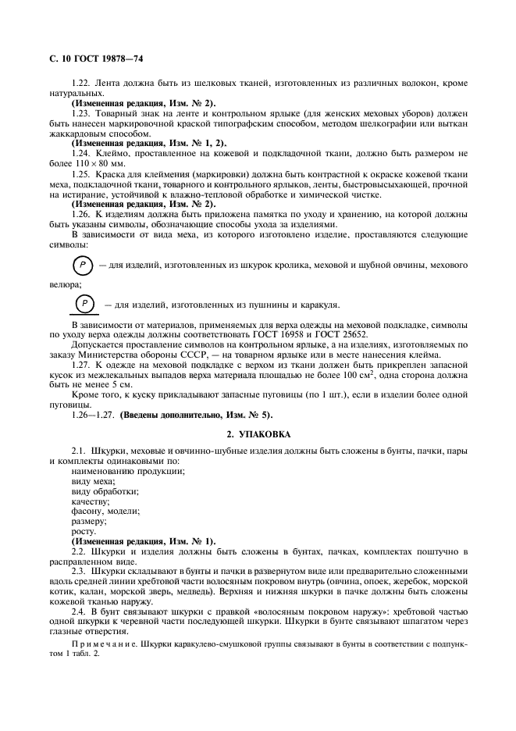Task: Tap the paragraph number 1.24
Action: (82, 154)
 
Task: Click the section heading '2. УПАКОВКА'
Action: (258, 432)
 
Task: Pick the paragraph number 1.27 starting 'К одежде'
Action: (82, 365)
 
